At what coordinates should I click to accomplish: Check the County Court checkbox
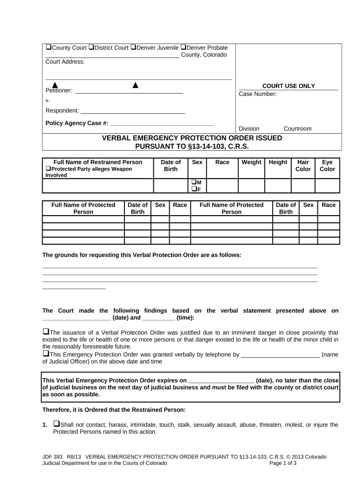click(48, 48)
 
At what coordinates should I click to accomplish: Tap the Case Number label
click(258, 94)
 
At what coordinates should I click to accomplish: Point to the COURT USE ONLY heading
click(288, 86)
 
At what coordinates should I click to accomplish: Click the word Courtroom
click(297, 129)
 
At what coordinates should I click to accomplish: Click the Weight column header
click(252, 162)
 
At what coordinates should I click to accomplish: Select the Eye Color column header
click(327, 166)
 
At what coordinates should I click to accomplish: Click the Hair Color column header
click(303, 166)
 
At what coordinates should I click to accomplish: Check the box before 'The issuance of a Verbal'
click(46, 332)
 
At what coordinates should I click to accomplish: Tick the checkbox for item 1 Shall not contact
click(56, 424)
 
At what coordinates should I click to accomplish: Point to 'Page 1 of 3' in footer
click(283, 463)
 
